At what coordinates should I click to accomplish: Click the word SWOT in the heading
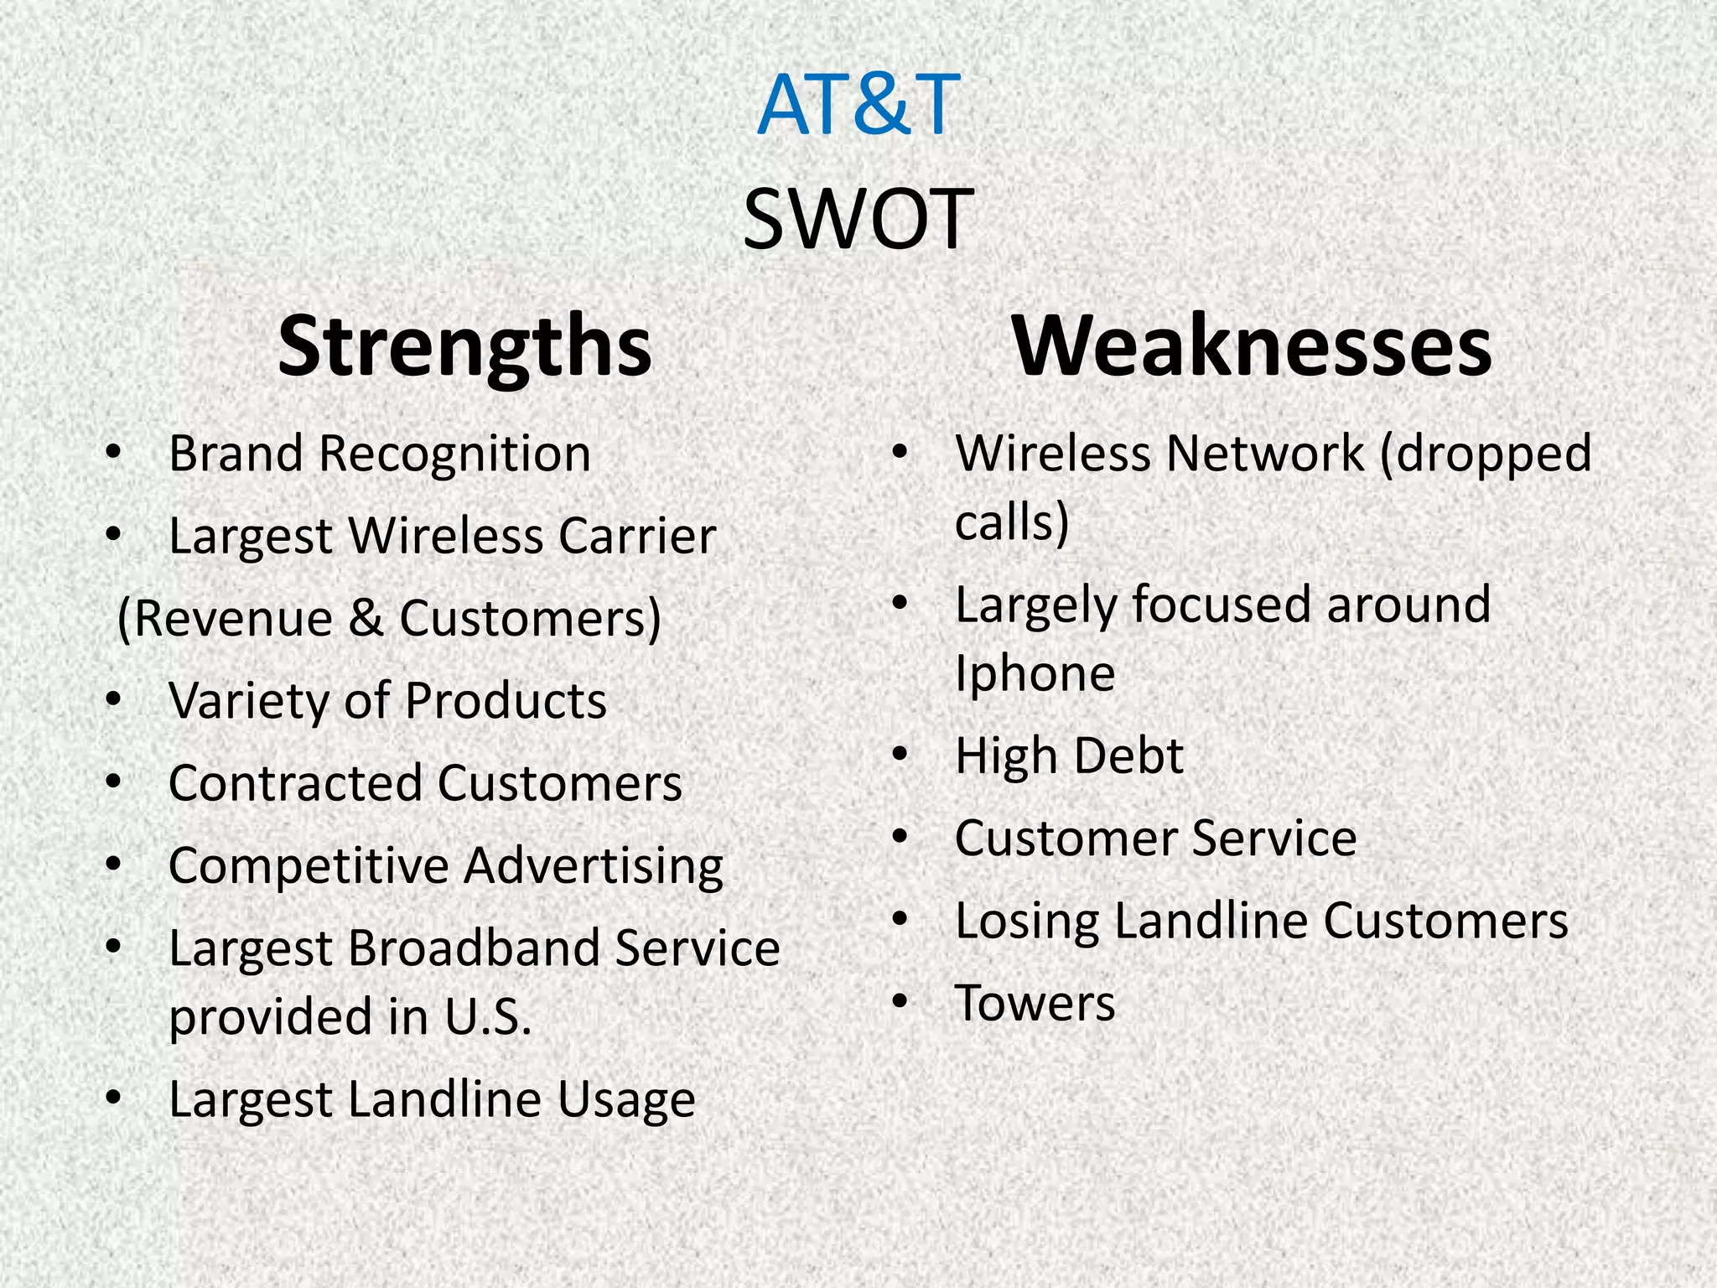[858, 220]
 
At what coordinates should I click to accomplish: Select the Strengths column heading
[464, 345]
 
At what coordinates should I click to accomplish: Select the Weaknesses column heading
[1252, 345]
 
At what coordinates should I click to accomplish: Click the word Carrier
[637, 536]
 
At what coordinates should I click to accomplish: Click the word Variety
[249, 701]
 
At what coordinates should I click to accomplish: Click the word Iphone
[1035, 674]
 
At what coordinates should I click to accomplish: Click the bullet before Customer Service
[900, 837]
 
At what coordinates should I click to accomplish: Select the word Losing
[1027, 922]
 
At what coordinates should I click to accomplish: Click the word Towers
[1035, 1003]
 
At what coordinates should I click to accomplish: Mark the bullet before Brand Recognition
[114, 454]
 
